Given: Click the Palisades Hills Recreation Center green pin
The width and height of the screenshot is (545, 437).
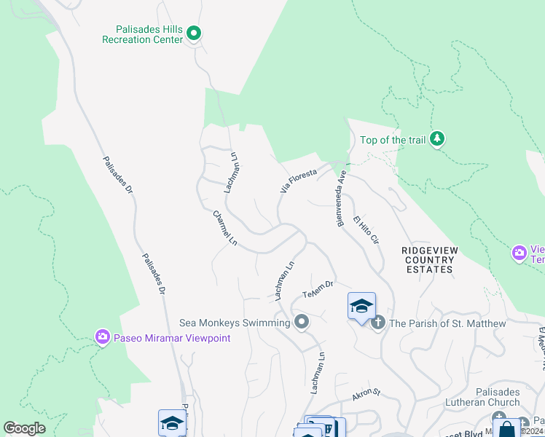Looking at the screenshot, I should coord(194,33).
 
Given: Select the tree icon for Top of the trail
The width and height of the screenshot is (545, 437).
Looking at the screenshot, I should coord(436,138).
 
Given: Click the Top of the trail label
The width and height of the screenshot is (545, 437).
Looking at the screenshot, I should coord(392,140).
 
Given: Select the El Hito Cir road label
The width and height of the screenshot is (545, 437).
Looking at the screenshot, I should coord(366,229).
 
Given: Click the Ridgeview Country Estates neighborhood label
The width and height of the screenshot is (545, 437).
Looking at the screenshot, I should coord(430,259).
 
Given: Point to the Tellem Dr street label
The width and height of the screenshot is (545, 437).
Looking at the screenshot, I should coord(318,288).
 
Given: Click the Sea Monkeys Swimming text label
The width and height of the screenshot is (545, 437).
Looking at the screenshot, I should coord(235,323).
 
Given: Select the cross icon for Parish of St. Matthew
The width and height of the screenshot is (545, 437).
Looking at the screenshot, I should coord(377,323).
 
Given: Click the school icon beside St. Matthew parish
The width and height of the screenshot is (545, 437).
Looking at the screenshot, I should coord(361,306).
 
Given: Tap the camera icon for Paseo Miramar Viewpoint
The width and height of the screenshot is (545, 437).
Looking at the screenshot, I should coord(103,336).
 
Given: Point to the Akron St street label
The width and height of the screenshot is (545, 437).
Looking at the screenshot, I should coord(366,394).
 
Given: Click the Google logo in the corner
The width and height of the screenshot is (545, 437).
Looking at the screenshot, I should coord(24,428).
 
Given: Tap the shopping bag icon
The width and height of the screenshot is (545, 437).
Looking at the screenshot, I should coord(506,429).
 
